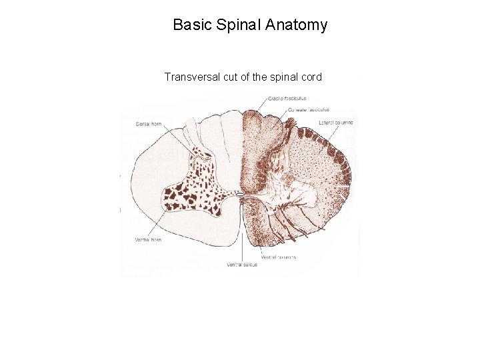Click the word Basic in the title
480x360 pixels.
pos(191,26)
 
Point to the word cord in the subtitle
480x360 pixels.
pos(311,77)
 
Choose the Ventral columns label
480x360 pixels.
pos(279,257)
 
